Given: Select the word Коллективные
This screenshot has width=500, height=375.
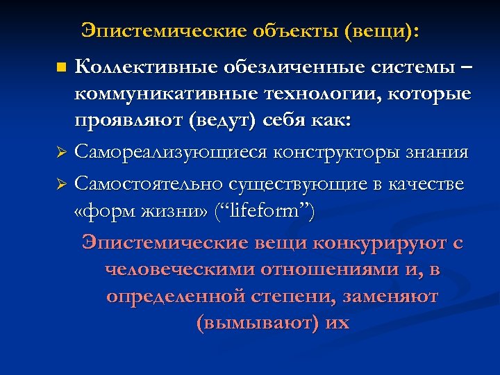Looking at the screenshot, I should click(x=146, y=67).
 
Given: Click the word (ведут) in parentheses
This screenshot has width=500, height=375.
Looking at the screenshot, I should click(x=230, y=120).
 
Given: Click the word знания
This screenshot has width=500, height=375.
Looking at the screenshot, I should click(x=436, y=151).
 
